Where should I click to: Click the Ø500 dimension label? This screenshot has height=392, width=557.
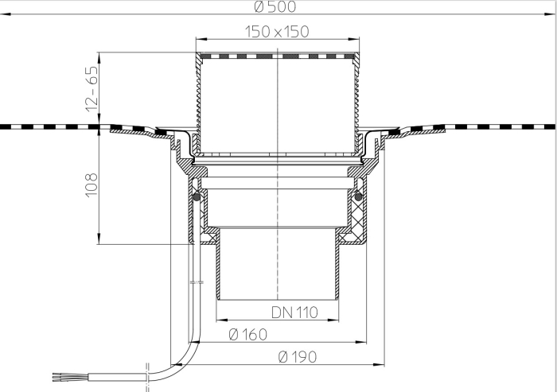click(x=275, y=8)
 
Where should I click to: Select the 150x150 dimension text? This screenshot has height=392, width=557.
click(x=275, y=32)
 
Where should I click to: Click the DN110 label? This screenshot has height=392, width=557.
click(x=296, y=312)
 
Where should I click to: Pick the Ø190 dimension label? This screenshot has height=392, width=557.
click(x=298, y=358)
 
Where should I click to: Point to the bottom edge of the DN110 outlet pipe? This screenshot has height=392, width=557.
click(x=277, y=299)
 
